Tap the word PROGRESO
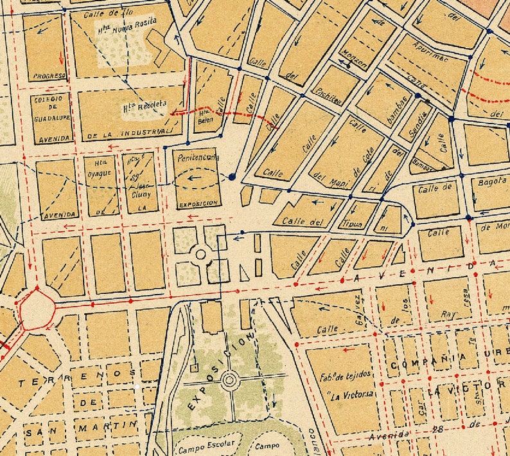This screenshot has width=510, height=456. (49, 76)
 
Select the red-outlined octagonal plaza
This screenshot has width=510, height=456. (35, 308)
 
